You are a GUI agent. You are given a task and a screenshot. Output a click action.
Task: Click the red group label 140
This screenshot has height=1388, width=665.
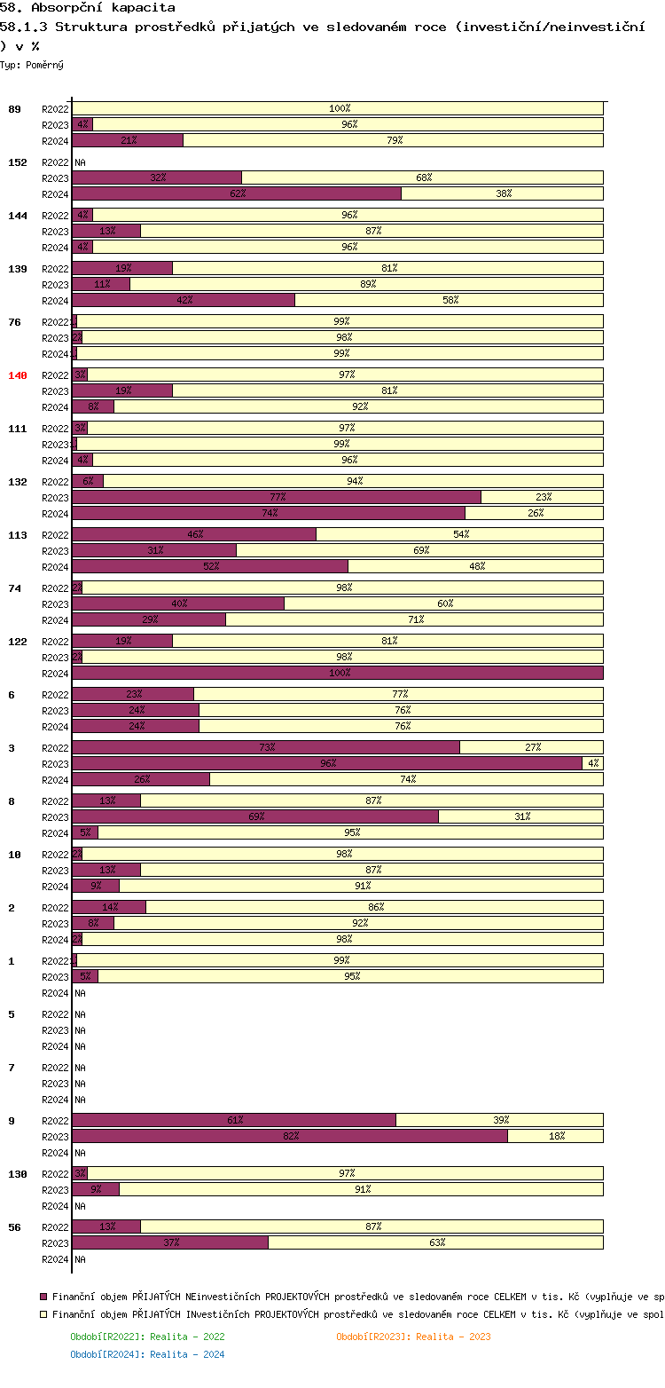pos(18,375)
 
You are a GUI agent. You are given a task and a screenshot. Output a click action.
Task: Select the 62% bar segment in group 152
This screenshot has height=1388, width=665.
pos(237,193)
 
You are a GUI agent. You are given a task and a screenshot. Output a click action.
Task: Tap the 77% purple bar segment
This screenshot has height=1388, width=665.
pos(277,497)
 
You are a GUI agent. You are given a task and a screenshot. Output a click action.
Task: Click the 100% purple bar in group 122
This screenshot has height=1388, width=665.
pos(338,673)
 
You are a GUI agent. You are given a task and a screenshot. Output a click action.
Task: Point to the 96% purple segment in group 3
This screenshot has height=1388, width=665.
pos(327,763)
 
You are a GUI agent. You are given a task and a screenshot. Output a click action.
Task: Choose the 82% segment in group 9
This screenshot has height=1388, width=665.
pos(290,1136)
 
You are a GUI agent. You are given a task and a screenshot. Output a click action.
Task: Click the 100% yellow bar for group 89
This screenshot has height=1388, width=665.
pos(338,108)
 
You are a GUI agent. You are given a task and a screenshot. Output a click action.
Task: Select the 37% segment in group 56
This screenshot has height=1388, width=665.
pos(170,1242)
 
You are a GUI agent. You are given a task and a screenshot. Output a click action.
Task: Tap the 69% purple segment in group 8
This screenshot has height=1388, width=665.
pos(255,816)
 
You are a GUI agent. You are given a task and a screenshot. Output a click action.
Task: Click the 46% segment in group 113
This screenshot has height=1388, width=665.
pos(194,534)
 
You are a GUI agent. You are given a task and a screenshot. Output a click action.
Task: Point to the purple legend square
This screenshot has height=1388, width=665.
pos(43,1296)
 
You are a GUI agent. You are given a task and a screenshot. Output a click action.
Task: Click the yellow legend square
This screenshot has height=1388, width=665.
pos(43,1315)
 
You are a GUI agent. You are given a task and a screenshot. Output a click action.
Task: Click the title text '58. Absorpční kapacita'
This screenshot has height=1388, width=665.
pos(88,8)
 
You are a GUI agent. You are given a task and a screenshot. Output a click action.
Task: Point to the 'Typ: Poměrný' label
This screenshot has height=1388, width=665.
pos(32,65)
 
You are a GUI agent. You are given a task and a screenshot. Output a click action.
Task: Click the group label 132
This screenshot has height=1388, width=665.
pos(18,482)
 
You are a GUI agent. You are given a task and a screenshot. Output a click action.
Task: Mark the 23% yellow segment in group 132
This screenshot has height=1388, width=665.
pos(543,497)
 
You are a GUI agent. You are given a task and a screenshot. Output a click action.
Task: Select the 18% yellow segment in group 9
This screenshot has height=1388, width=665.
pos(556,1136)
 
